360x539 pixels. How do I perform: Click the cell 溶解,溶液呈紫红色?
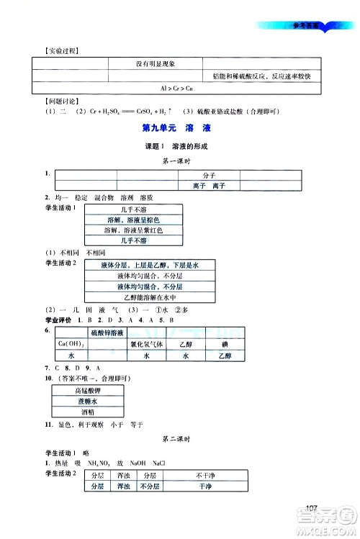point(133,230)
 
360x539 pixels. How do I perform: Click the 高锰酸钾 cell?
point(86,390)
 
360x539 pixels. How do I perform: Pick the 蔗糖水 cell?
point(86,402)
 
